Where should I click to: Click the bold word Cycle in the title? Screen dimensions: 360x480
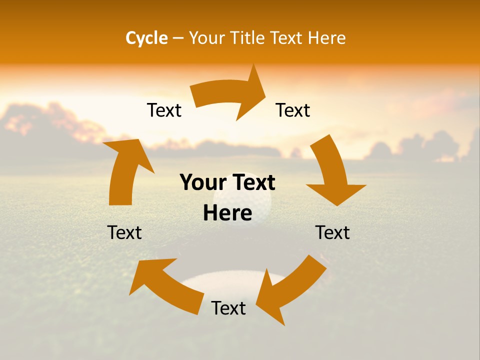(146, 38)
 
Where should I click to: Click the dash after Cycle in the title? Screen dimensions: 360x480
(178, 38)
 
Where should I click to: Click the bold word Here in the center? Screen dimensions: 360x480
(227, 213)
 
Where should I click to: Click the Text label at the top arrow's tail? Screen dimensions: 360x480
(164, 110)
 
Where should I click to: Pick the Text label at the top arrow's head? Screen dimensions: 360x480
(293, 110)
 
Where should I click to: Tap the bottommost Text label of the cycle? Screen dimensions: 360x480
(228, 308)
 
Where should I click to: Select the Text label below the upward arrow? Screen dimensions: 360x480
(124, 233)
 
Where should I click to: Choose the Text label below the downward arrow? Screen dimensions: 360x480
(332, 233)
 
